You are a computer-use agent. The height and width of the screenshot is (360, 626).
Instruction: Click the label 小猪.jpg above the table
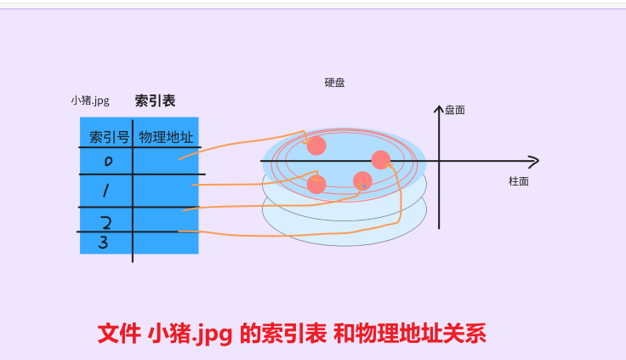[90, 100]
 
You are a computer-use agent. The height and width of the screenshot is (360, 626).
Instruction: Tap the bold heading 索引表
[155, 100]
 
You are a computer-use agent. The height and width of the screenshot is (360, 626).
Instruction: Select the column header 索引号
[109, 137]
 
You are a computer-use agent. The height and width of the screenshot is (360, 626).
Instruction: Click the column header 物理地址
[166, 137]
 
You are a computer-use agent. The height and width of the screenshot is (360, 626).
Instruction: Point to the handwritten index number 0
[108, 161]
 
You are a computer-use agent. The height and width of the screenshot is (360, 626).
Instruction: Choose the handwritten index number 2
[106, 223]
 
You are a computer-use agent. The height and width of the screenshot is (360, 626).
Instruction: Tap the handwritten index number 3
[103, 243]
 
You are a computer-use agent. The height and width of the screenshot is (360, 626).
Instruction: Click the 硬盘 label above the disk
[334, 83]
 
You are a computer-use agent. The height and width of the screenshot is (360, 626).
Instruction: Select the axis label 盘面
[455, 110]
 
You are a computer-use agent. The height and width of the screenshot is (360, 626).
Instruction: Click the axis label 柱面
[519, 181]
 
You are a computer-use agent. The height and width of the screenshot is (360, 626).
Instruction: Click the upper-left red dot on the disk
[316, 146]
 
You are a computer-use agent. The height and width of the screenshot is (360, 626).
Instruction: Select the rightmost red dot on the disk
[381, 159]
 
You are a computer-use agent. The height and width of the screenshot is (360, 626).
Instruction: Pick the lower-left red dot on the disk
[316, 184]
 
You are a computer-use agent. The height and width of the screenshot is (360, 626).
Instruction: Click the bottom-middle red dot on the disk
[362, 180]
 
